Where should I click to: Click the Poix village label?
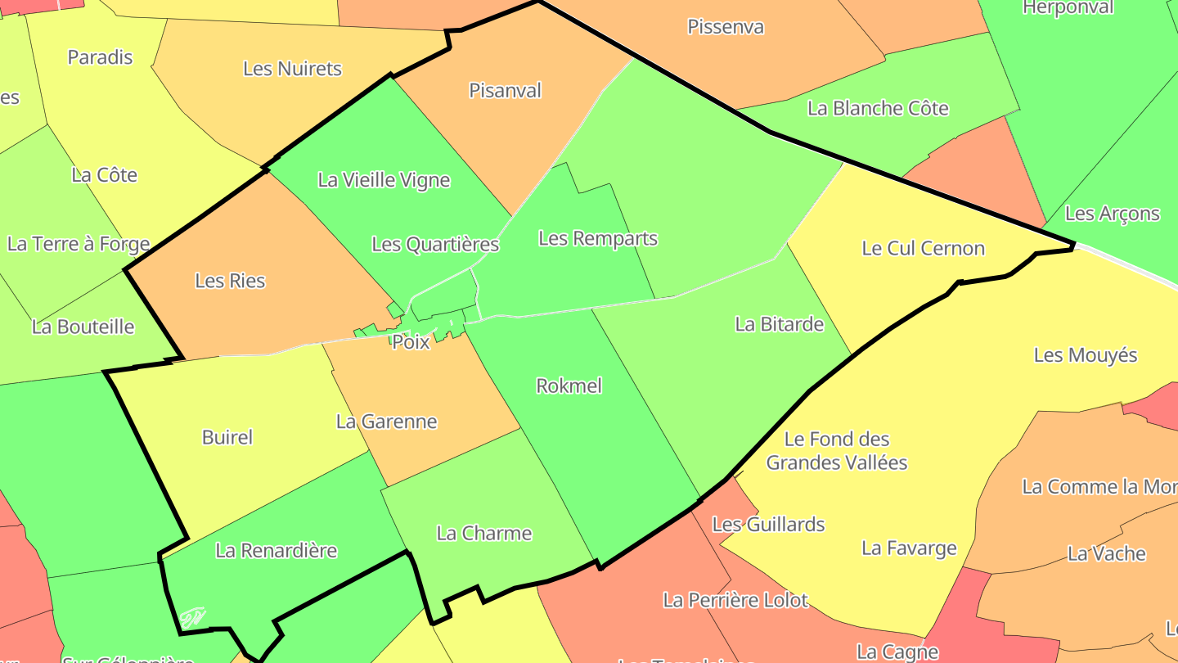coord(411,342)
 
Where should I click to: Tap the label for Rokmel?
coord(569,386)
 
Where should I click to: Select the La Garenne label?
coord(386,422)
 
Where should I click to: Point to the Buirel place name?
coord(227,437)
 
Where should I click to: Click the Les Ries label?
coord(230,281)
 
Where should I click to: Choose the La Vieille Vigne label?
coord(384,180)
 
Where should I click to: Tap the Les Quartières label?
coord(435,244)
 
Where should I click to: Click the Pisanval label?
coord(505,90)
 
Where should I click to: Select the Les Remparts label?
coord(598,238)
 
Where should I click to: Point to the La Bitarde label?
coord(779,323)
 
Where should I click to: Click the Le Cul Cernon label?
coord(923,248)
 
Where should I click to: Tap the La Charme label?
coord(484,533)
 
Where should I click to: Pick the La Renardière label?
coord(276,550)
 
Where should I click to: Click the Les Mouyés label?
coord(1086,354)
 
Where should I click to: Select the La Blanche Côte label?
coord(878,108)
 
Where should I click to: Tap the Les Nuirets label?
coord(292,69)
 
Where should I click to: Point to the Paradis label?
coord(100,57)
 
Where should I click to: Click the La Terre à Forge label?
coord(79,243)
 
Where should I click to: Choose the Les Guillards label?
coord(768,524)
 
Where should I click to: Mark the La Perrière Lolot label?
coord(735,600)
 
